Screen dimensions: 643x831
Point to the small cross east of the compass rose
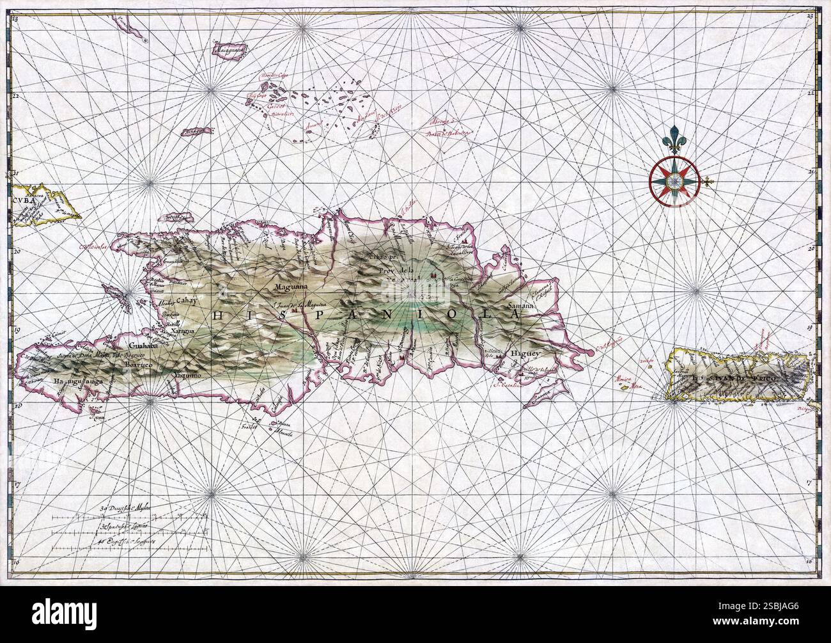[708, 185]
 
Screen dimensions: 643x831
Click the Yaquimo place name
[186, 376]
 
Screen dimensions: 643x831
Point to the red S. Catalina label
[508, 385]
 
